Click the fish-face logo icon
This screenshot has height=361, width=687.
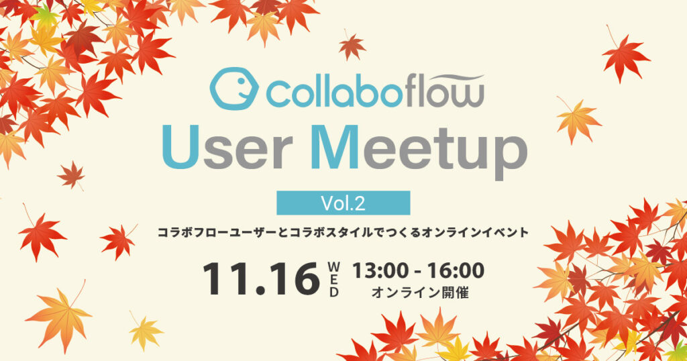[233, 91]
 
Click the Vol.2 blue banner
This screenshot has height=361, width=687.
[343, 202]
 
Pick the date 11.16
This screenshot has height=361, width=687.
[261, 278]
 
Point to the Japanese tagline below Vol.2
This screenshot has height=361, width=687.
[343, 232]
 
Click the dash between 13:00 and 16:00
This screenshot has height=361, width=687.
[416, 271]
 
